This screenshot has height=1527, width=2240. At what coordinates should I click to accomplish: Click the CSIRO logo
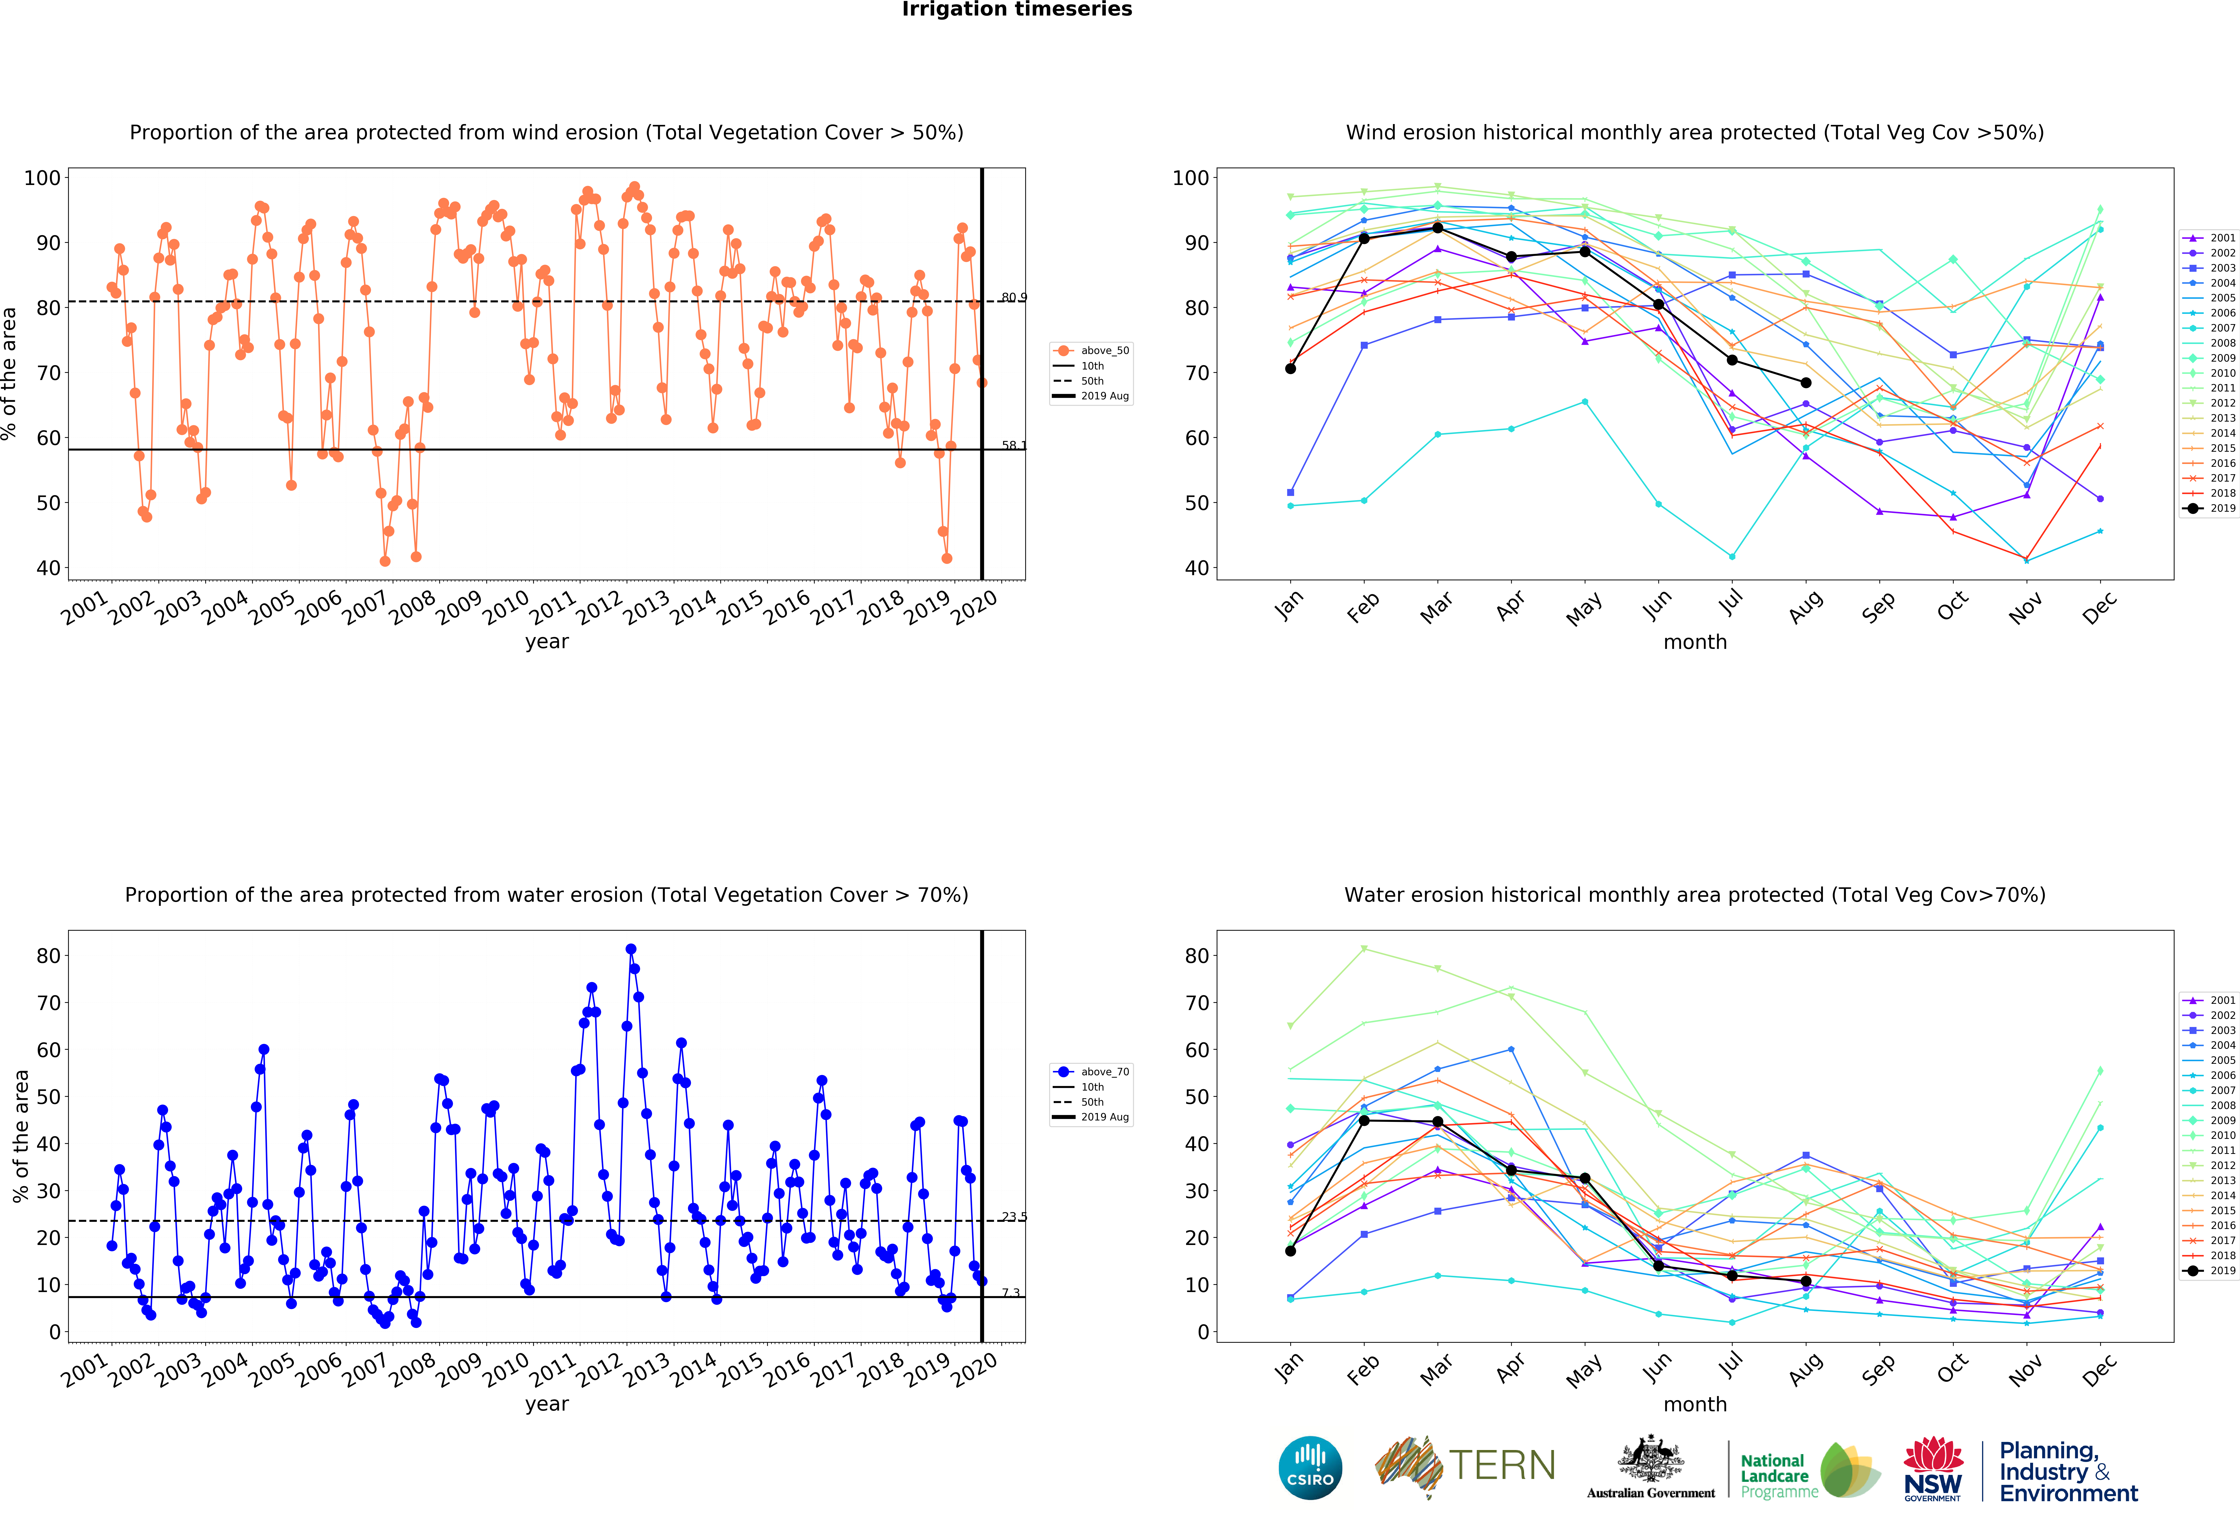pyautogui.click(x=1310, y=1468)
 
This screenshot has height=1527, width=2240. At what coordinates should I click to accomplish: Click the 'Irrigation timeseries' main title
pyautogui.click(x=1017, y=10)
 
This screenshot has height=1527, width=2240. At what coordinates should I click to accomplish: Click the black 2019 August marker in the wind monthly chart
pyautogui.click(x=1805, y=383)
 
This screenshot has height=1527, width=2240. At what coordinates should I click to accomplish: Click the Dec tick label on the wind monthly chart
pyautogui.click(x=2099, y=607)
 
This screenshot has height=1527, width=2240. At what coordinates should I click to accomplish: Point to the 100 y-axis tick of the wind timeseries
pyautogui.click(x=42, y=177)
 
